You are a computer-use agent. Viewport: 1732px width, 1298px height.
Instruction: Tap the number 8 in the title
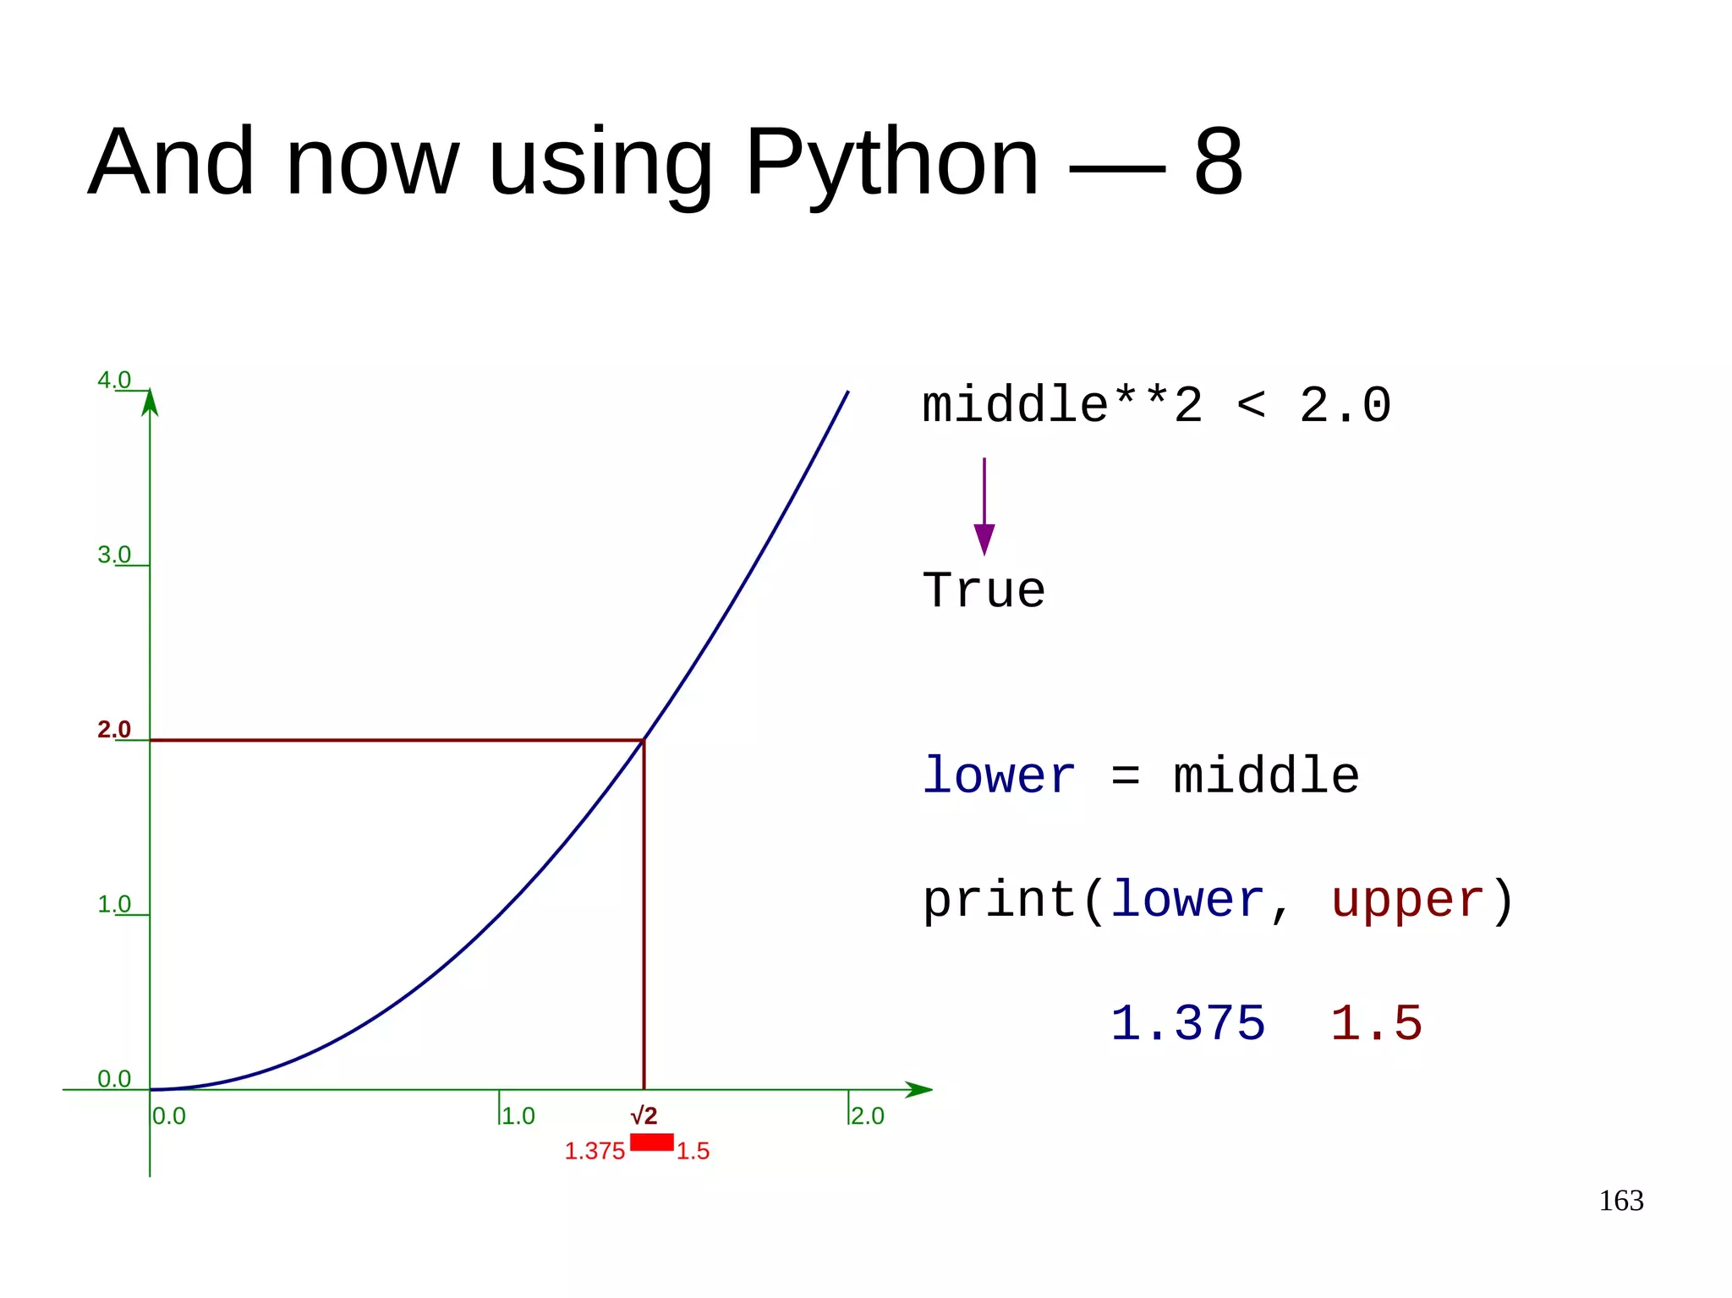1218,162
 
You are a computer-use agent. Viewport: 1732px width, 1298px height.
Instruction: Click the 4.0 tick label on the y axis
114,380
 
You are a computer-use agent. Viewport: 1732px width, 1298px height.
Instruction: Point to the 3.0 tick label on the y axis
114,555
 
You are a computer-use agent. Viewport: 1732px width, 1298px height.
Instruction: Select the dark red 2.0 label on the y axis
114,729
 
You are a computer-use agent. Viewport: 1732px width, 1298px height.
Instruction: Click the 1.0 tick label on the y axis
114,904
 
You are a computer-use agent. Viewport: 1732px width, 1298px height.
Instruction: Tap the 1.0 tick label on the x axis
518,1115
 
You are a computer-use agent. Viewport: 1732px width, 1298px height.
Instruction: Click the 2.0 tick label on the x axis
868,1115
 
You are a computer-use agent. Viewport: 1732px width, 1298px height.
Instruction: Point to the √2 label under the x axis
644,1115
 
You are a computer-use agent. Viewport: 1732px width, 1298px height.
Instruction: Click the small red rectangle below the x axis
651,1142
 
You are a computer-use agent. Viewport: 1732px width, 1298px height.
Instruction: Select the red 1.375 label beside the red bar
595,1151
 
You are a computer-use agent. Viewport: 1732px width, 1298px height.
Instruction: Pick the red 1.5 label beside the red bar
693,1151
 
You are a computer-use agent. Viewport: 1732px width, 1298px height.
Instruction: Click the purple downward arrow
984,507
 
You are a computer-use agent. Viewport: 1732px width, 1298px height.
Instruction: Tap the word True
984,590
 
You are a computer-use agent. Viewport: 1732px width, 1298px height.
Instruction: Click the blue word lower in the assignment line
998,775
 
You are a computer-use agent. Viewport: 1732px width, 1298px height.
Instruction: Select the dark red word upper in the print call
1407,900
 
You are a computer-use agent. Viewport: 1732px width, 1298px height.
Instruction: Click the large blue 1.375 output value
1187,1023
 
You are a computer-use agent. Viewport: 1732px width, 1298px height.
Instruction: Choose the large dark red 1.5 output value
1376,1023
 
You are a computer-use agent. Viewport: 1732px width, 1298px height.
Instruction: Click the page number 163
1620,1201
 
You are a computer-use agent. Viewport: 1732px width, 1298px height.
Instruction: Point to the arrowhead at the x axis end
919,1089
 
